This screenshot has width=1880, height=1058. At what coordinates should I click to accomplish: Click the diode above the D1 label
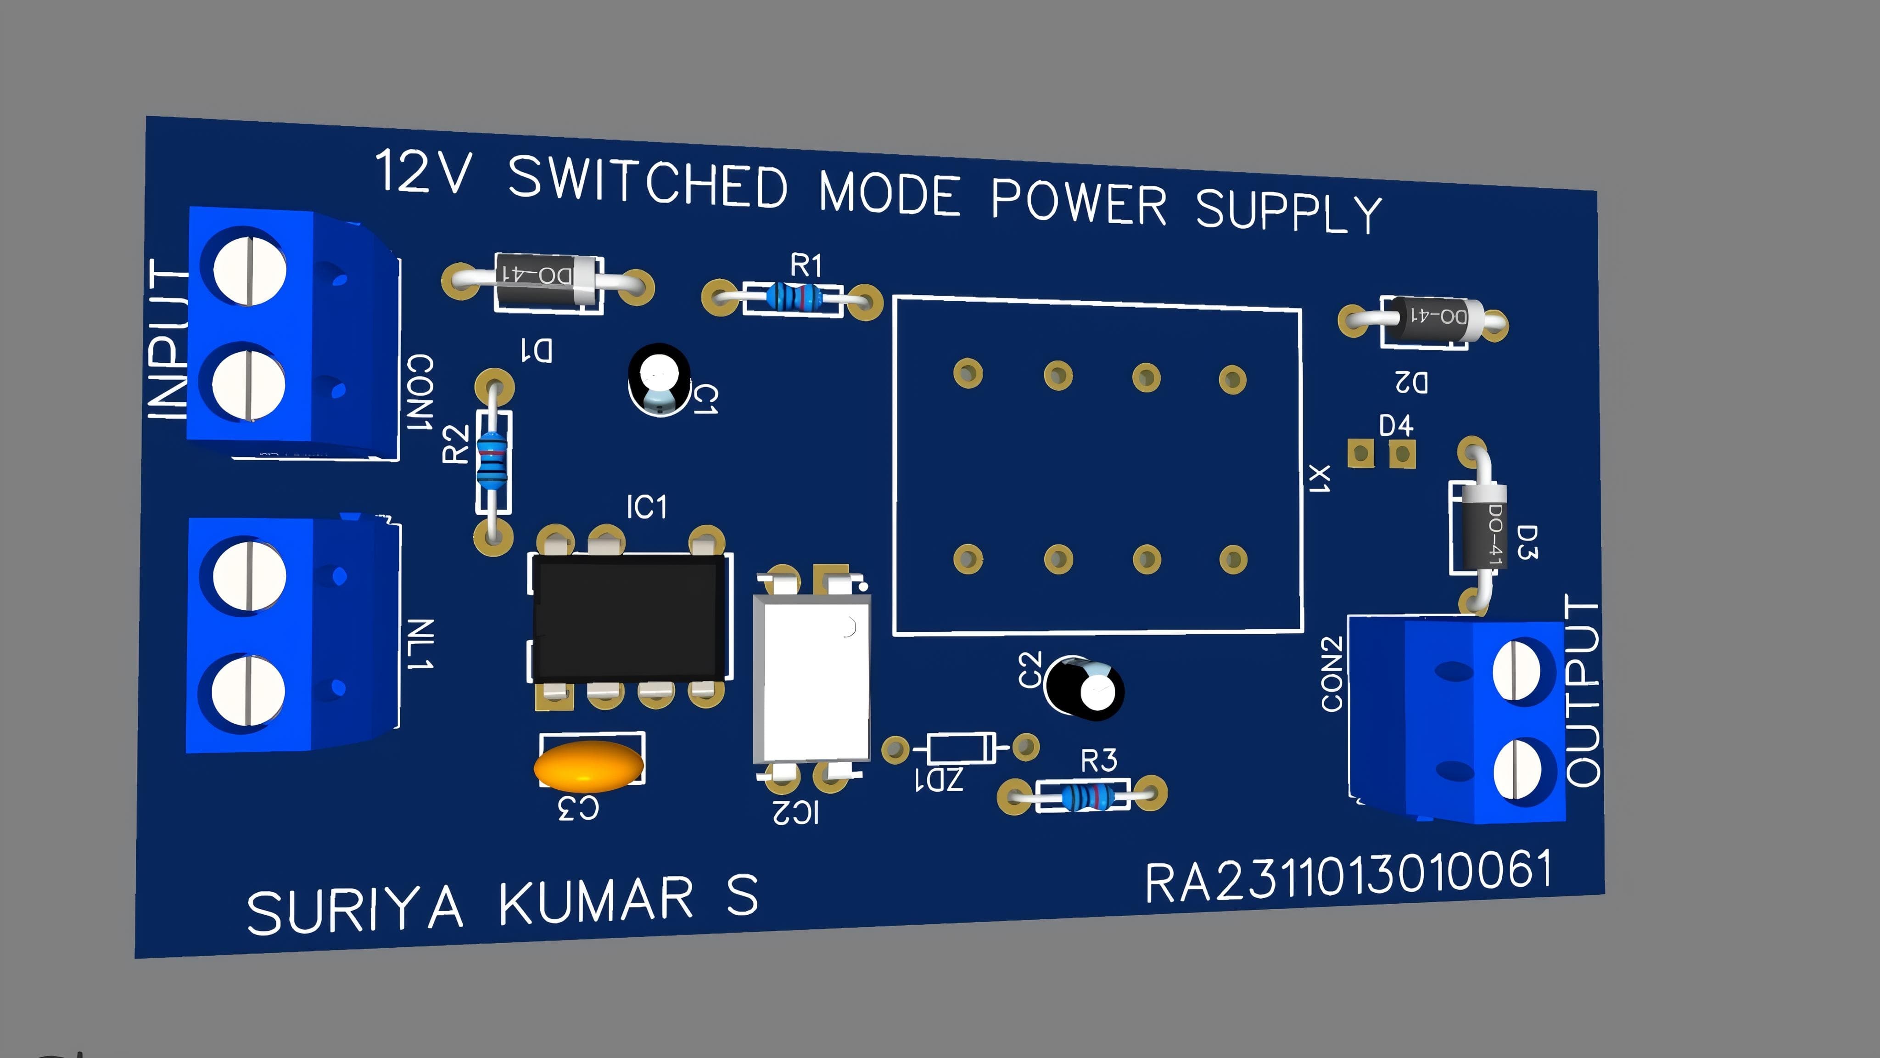548,281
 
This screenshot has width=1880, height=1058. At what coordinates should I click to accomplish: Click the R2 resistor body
492,460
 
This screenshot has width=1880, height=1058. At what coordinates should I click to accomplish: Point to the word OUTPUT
1582,691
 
